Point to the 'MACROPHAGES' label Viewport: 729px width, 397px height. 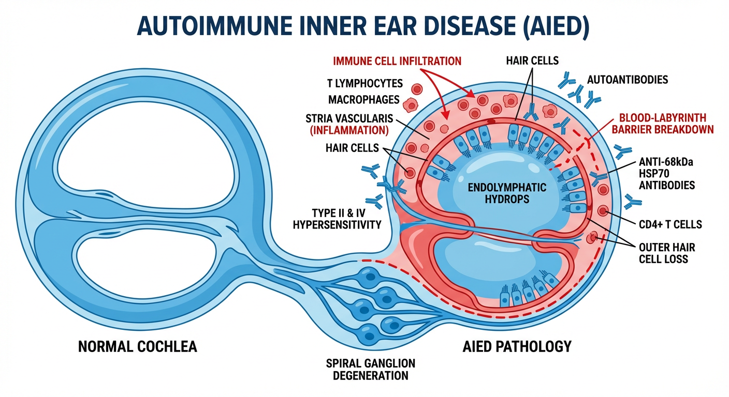tap(363, 99)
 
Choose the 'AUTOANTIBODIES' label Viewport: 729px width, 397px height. tap(628, 80)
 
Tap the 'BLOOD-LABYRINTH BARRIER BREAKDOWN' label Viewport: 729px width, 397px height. tap(662, 123)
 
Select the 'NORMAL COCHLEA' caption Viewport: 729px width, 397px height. tap(138, 346)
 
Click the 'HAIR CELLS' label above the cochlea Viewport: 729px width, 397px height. tap(532, 60)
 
